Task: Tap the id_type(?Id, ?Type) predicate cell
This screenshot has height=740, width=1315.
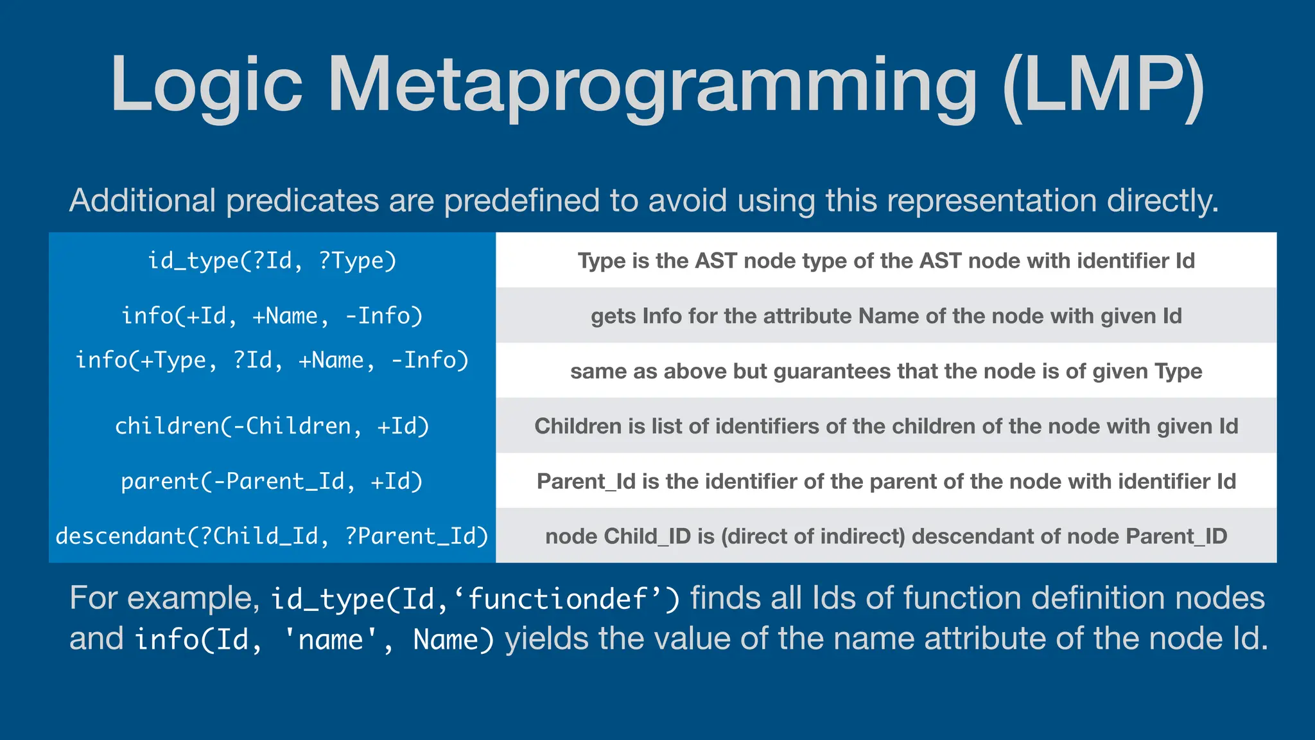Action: [272, 261]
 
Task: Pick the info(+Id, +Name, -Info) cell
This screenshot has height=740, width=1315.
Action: [272, 316]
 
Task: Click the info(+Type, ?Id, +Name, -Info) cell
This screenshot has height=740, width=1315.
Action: [272, 360]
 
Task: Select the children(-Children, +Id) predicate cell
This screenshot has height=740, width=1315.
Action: [272, 427]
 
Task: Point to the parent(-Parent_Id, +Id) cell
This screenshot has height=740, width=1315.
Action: [272, 482]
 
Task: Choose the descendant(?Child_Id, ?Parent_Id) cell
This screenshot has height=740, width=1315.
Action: [272, 536]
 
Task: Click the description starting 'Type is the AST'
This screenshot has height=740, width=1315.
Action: [886, 261]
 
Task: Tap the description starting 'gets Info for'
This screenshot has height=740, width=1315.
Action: [886, 316]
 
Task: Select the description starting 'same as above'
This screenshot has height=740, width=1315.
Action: [886, 371]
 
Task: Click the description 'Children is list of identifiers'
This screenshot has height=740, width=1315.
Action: [886, 427]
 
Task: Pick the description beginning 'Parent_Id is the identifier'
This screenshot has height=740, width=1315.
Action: [886, 482]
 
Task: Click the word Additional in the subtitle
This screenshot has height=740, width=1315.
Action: [142, 200]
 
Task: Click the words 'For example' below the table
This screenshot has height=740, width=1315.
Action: [164, 599]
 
